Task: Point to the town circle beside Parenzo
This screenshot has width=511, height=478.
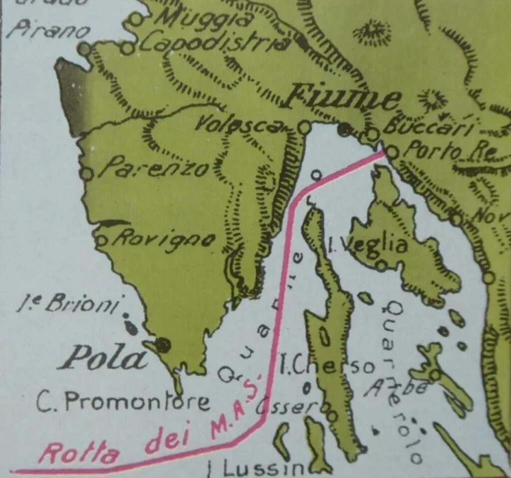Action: point(87,173)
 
